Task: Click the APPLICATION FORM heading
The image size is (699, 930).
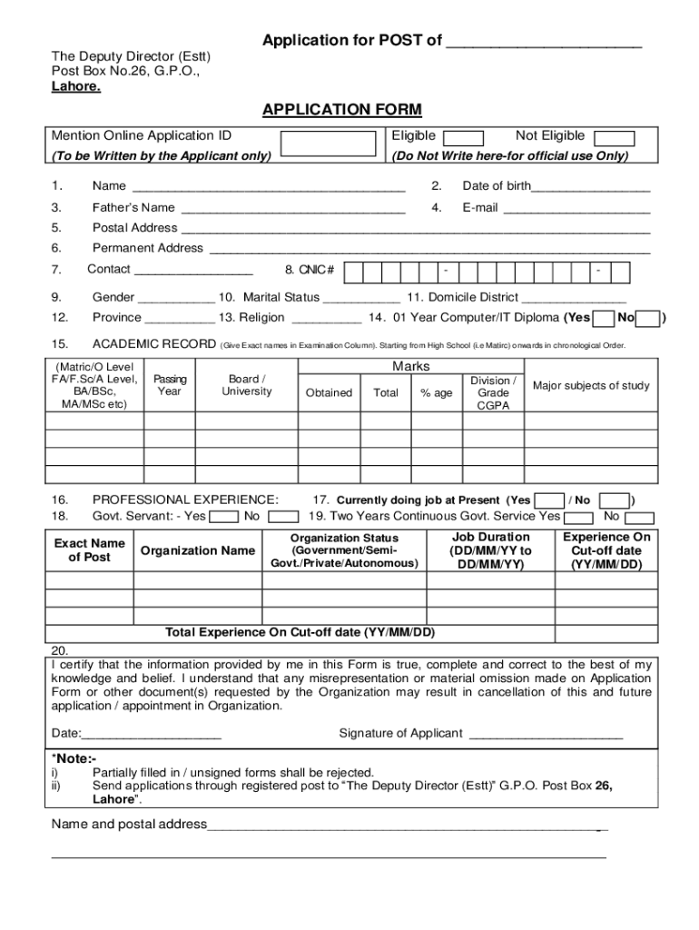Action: click(x=341, y=110)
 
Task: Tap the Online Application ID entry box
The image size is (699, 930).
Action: click(x=328, y=144)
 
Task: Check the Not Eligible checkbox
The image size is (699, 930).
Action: click(x=614, y=138)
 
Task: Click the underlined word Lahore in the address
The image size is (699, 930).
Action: click(x=75, y=87)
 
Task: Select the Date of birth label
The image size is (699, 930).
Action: click(x=497, y=186)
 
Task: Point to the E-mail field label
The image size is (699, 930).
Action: click(x=480, y=207)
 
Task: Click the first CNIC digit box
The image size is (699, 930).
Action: click(x=354, y=272)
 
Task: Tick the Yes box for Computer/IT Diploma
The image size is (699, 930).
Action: click(x=603, y=318)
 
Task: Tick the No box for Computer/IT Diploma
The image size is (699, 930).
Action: click(x=648, y=318)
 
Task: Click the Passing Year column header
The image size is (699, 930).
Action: click(x=170, y=385)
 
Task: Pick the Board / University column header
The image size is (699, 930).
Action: click(x=247, y=385)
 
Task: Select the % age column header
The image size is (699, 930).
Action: click(x=436, y=392)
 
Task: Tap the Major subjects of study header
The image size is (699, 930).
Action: click(x=591, y=386)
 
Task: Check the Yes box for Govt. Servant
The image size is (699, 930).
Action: click(x=222, y=517)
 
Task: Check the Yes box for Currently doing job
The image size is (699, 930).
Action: click(x=548, y=500)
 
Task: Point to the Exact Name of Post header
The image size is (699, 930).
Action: click(x=90, y=550)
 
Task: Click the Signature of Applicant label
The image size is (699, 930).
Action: click(x=400, y=734)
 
